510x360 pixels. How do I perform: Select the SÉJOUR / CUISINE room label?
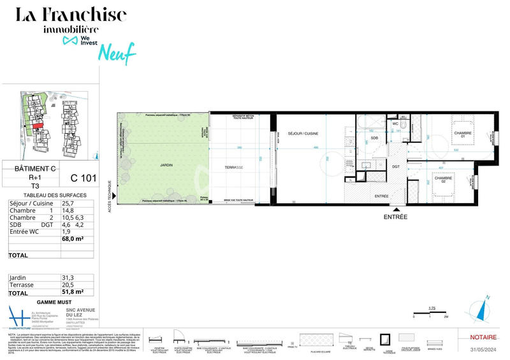[x=303, y=133]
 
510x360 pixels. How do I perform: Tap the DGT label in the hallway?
[x=395, y=167]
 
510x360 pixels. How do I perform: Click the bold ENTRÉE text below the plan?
[x=395, y=217]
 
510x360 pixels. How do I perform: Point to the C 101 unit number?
[x=83, y=178]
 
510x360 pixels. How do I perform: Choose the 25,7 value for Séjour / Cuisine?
[x=68, y=203]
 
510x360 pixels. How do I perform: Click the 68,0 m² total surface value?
[x=73, y=239]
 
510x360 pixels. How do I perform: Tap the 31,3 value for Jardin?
[x=68, y=278]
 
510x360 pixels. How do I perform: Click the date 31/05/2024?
[x=483, y=348]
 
